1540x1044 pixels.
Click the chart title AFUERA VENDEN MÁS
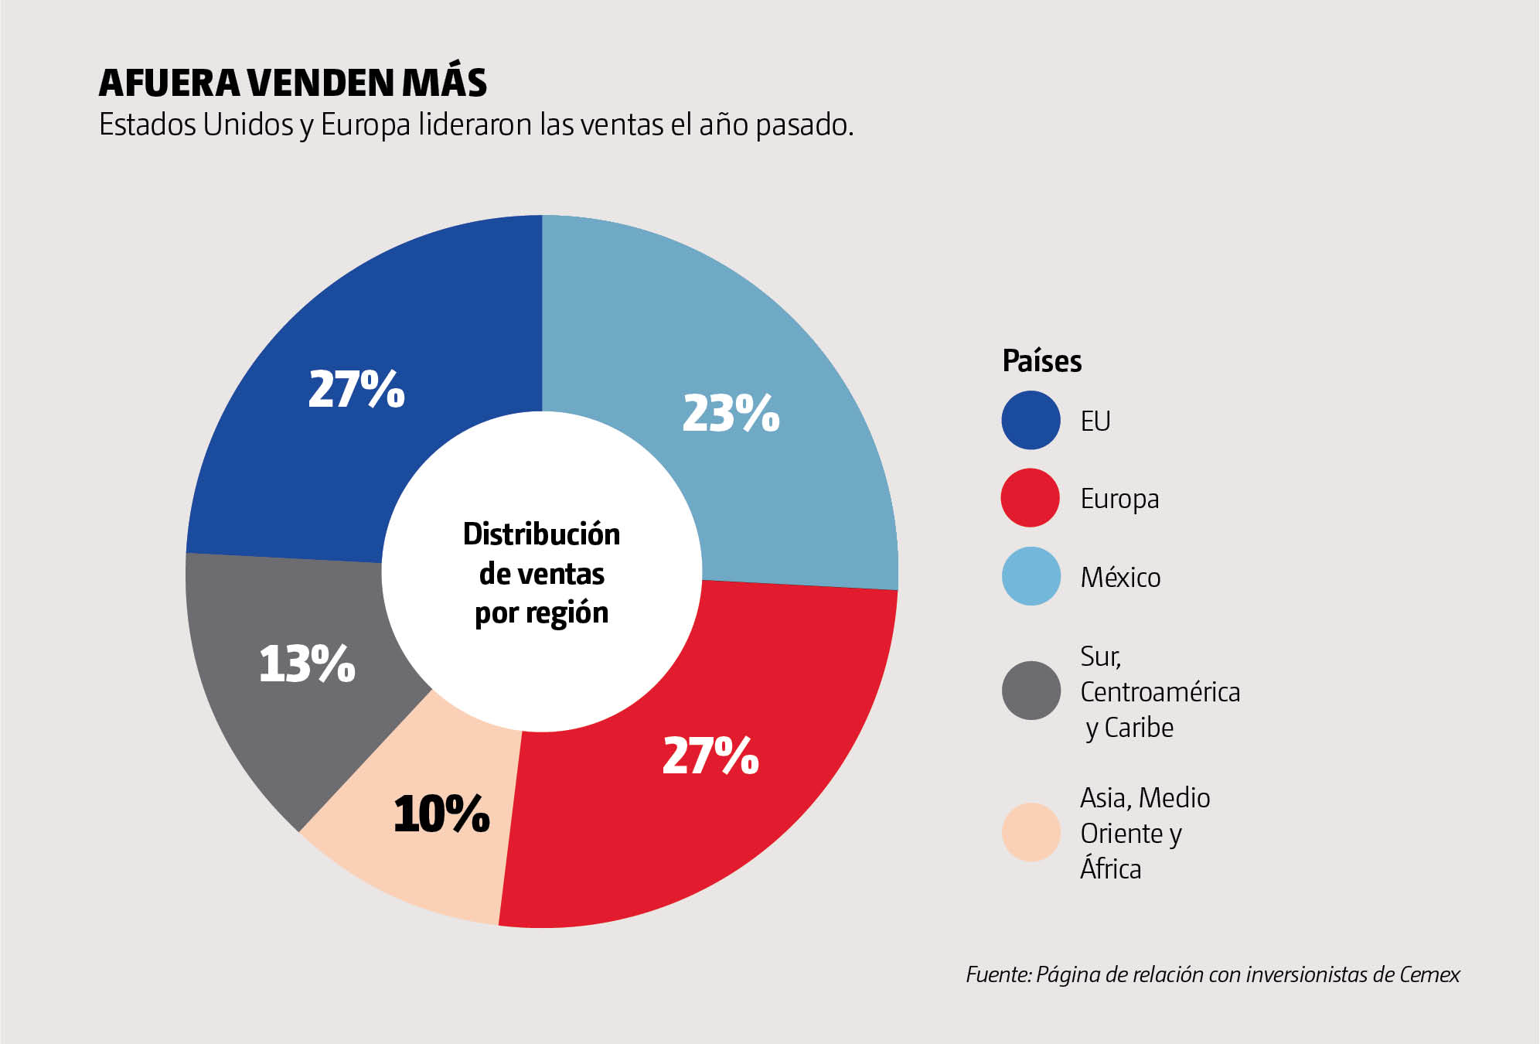tap(293, 84)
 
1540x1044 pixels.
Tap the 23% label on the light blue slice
tap(731, 413)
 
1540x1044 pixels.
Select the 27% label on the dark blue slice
tap(356, 388)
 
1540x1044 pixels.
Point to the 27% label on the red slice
tap(710, 756)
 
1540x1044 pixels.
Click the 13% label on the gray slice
tap(307, 664)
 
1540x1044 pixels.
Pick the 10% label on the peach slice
tap(441, 814)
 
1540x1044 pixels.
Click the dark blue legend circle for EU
tap(1031, 420)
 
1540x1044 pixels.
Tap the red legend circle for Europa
tap(1031, 498)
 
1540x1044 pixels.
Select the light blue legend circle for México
tap(1031, 576)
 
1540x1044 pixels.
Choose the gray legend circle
tap(1031, 691)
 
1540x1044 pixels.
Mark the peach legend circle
tap(1031, 832)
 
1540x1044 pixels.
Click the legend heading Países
tap(1041, 361)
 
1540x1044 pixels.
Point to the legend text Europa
tap(1119, 499)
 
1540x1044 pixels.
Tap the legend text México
tap(1120, 578)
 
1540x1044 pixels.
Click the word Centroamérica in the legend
tap(1160, 692)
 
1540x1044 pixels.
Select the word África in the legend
tap(1110, 868)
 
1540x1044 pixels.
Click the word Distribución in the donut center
tap(541, 534)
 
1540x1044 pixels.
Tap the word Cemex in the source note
tap(1429, 974)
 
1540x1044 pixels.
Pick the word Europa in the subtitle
tap(365, 125)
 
